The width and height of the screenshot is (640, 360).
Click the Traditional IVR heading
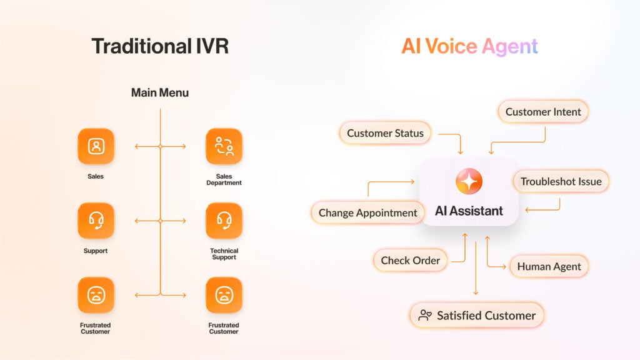[159, 46]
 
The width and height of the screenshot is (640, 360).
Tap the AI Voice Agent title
[469, 46]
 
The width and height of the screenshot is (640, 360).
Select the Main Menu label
[160, 92]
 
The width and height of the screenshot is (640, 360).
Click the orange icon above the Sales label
[96, 146]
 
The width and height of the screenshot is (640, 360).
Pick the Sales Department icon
[224, 146]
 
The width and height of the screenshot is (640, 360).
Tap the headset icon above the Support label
[96, 221]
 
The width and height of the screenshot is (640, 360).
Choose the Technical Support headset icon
[224, 221]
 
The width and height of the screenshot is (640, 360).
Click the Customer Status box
[385, 133]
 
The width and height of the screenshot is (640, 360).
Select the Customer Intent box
[543, 112]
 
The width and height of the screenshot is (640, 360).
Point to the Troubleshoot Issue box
[561, 182]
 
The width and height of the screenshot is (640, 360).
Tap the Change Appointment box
[367, 212]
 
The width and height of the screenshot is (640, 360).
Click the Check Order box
[410, 261]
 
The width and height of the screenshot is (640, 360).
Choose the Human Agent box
[549, 266]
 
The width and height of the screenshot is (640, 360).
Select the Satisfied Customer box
[477, 316]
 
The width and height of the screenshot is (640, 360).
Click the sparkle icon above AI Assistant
[469, 182]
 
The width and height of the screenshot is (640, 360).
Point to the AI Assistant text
[469, 211]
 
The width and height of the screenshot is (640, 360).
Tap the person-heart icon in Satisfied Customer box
[425, 316]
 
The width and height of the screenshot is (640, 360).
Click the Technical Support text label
[224, 254]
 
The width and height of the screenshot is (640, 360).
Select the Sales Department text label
[224, 179]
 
